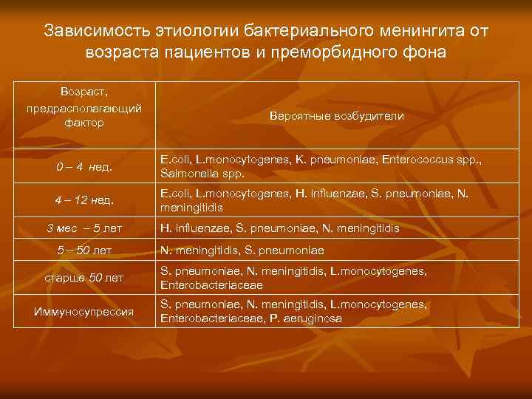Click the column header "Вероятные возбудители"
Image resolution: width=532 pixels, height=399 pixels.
[337, 117]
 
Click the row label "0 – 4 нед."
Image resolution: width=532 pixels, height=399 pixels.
[84, 166]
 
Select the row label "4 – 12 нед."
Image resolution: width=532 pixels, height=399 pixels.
[84, 200]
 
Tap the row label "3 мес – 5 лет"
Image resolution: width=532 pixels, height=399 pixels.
[84, 228]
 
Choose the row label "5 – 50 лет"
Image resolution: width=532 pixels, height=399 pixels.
[84, 250]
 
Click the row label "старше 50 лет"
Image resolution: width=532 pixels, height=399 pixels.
[84, 278]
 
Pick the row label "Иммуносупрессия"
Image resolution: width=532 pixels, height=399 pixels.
[84, 312]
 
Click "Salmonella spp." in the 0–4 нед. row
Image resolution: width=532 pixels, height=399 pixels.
[202, 174]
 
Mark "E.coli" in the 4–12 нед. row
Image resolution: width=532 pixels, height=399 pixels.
[176, 194]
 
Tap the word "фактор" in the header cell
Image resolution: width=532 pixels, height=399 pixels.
[84, 122]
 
